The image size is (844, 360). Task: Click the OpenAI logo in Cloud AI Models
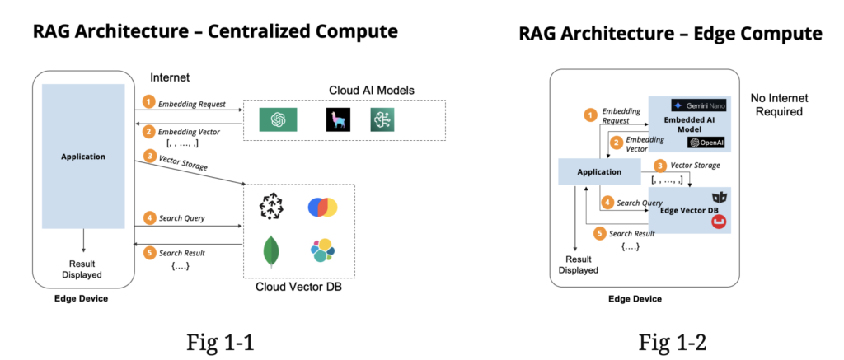coord(278,119)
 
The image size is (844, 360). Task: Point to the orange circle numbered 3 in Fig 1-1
coord(149,156)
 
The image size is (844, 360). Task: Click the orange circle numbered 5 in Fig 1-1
coord(149,253)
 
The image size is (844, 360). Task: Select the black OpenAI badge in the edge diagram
coord(709,143)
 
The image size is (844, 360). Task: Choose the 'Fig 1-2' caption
coord(672,340)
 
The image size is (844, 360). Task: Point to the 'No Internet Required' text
coord(777,104)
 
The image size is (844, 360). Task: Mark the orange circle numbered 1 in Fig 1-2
coord(589,115)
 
